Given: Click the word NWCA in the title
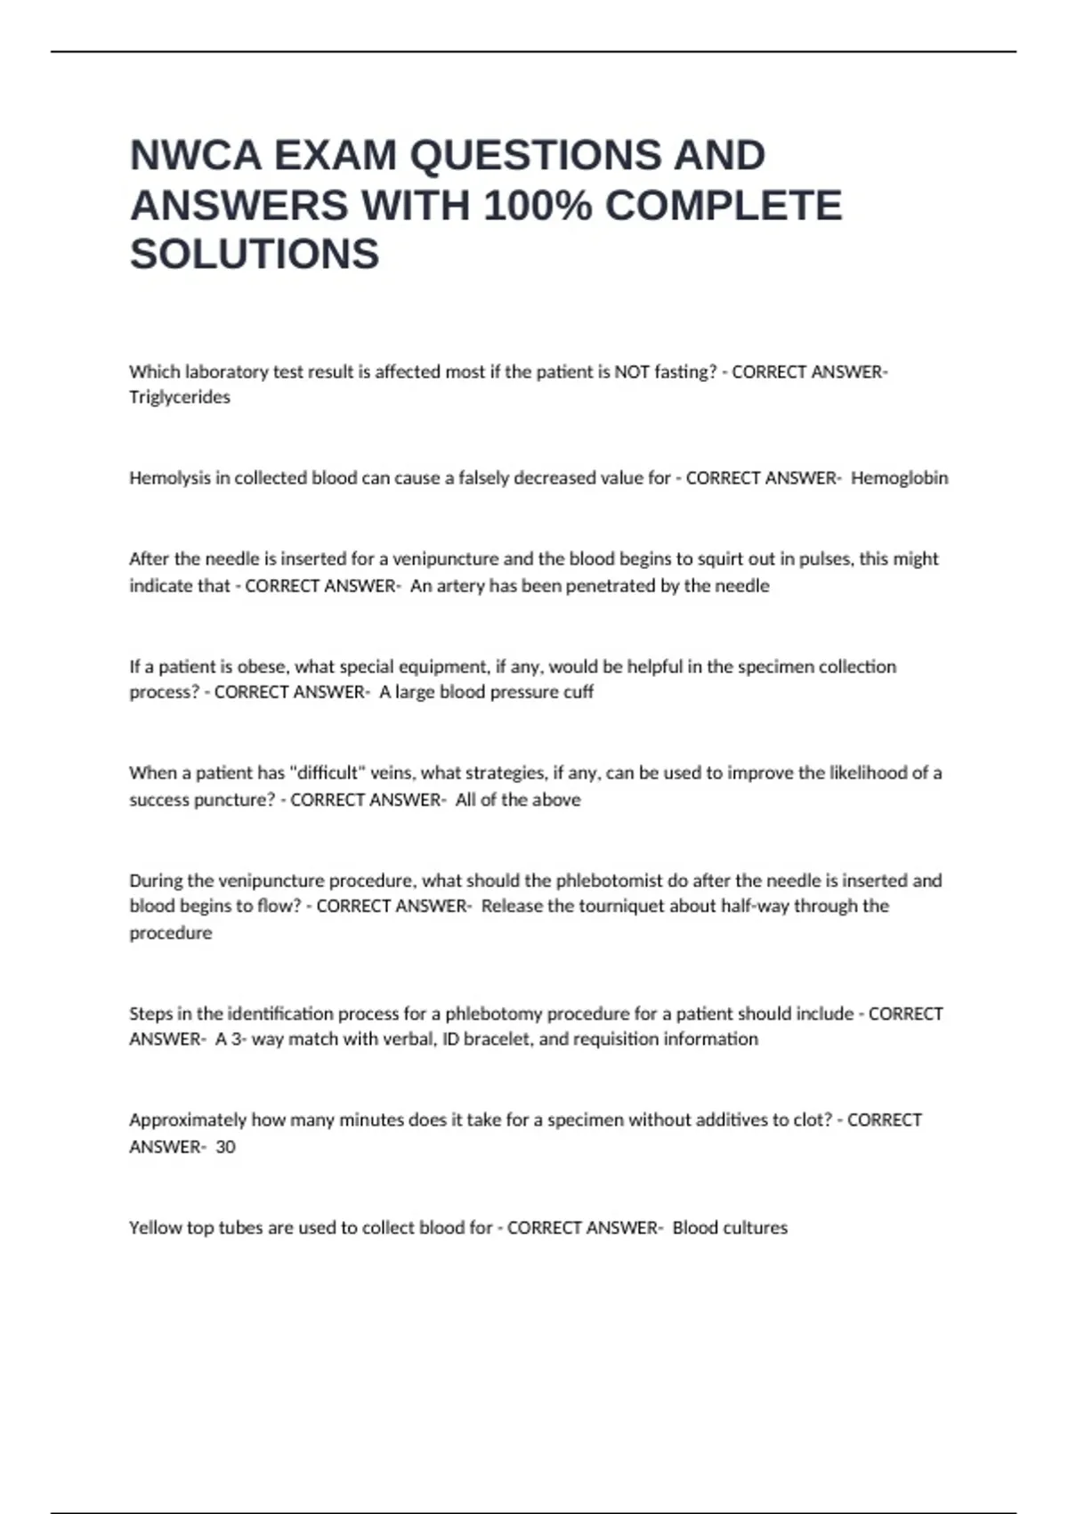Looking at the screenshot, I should coord(195,156).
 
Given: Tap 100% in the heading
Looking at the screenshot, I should coord(538,206).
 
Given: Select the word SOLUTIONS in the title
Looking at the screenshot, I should coord(255,255).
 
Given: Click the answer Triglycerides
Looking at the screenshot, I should coord(180,397).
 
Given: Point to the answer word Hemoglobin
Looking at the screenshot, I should coord(899,478).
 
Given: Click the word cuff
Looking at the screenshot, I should coord(578,692).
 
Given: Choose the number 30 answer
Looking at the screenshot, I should coord(226,1147).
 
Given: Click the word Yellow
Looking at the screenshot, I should coord(155,1228).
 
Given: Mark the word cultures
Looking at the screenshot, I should coord(756,1228).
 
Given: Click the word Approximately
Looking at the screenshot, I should coord(188,1120).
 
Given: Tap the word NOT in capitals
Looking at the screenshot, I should coord(632,372).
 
